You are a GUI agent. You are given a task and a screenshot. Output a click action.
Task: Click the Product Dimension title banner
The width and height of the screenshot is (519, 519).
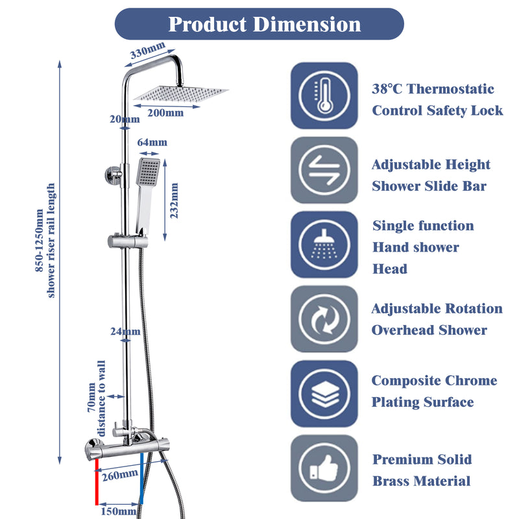pos(259,24)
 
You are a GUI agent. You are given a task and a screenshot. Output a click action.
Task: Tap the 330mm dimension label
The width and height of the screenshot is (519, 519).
pos(148,51)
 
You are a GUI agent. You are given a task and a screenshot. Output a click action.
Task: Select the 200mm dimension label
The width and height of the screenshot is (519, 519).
pos(165,113)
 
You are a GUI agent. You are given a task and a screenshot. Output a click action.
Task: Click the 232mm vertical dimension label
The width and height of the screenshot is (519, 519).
pos(174,200)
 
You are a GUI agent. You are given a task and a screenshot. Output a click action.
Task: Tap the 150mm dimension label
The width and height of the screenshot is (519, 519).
pos(118,511)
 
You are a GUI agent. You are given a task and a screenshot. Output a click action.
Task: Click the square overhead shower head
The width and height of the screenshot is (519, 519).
pos(181,95)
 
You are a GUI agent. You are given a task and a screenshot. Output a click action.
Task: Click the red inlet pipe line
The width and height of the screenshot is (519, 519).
pos(96,483)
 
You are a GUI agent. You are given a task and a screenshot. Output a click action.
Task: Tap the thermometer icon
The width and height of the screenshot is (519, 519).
pos(324,95)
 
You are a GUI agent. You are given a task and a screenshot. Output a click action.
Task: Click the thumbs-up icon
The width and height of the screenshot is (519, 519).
pos(324,468)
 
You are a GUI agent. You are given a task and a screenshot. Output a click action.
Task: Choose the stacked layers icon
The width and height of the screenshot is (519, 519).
pos(324,393)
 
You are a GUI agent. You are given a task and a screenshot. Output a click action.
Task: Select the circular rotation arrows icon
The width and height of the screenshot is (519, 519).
pos(324,319)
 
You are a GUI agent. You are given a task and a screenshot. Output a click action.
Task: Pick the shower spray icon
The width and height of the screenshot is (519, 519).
pos(324,245)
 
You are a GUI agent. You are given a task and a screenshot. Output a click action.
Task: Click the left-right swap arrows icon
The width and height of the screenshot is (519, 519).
pos(324,170)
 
